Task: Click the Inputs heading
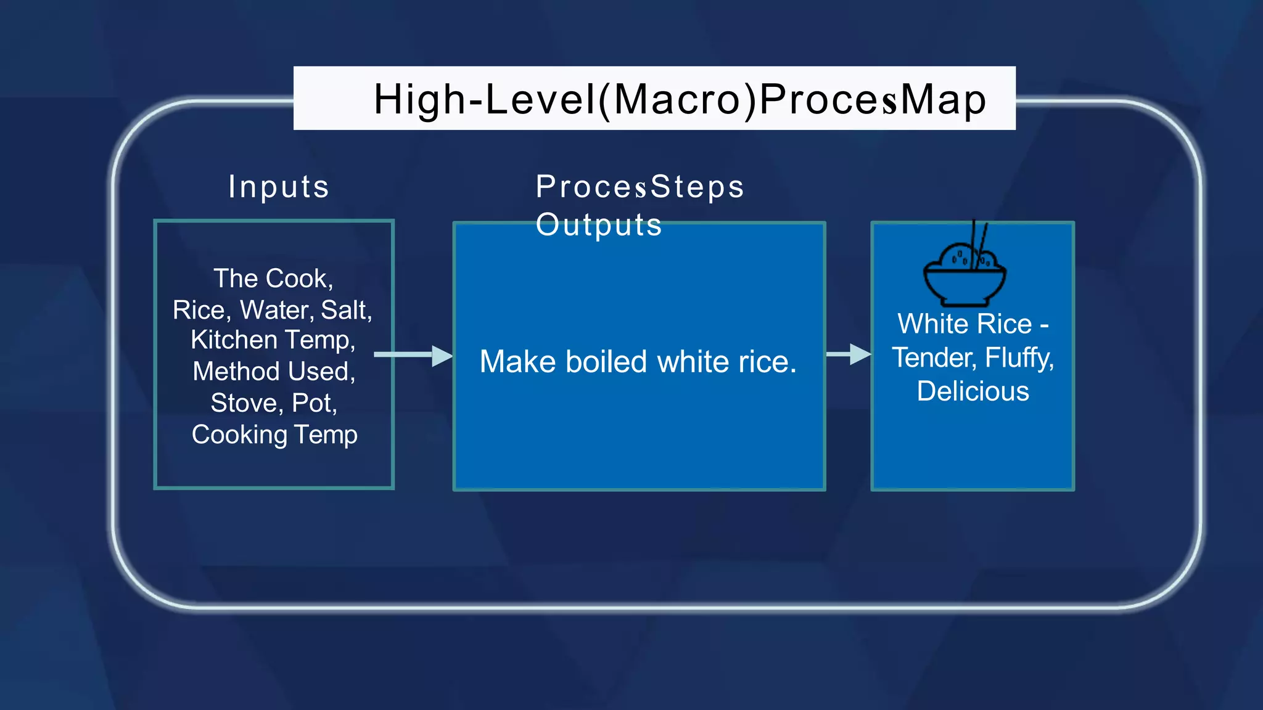click(279, 187)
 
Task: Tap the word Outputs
click(598, 225)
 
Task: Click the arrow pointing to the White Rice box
click(849, 354)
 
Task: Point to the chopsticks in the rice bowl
click(979, 243)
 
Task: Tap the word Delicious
click(973, 391)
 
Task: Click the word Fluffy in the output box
click(1019, 358)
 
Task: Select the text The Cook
click(273, 279)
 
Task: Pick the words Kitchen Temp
click(273, 340)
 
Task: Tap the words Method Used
click(273, 372)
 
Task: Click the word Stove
click(247, 403)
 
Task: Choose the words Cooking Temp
click(274, 435)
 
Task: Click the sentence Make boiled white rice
click(638, 362)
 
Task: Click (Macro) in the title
click(677, 99)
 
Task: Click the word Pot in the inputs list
click(313, 403)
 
